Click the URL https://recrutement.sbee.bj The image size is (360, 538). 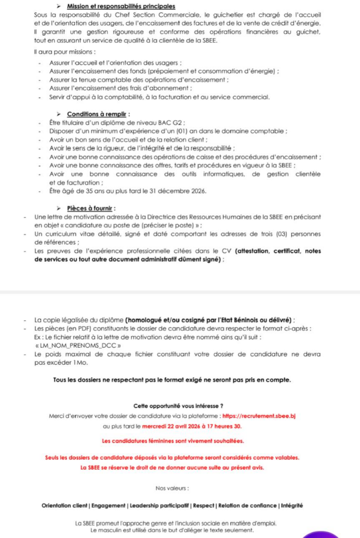point(260,416)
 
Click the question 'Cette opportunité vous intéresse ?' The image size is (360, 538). point(179,406)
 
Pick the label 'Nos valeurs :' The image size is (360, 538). point(172,488)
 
